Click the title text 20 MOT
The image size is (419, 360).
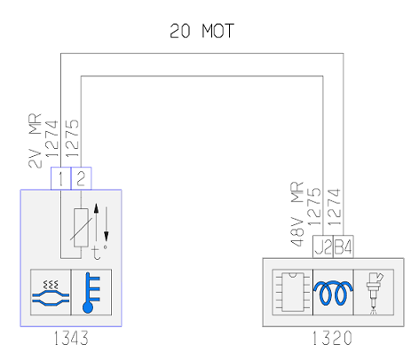tap(202, 31)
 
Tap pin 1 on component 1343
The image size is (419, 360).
tap(61, 178)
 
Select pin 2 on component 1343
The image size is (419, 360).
tap(82, 178)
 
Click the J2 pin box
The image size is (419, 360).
tap(323, 247)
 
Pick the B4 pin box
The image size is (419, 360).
tap(344, 247)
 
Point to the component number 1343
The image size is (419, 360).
tap(71, 338)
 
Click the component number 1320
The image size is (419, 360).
tap(332, 338)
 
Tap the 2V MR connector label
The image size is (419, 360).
tap(36, 141)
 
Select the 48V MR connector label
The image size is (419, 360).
tap(297, 214)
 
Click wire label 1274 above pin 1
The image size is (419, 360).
tap(52, 138)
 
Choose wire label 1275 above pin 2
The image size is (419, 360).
tap(72, 138)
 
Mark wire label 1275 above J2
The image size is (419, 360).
tap(314, 207)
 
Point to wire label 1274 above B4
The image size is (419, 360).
tap(335, 207)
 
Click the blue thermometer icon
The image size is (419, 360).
tap(91, 293)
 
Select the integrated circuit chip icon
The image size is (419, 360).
tap(293, 293)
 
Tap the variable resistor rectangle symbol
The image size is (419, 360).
tap(81, 228)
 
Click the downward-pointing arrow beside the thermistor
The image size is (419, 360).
tap(106, 224)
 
